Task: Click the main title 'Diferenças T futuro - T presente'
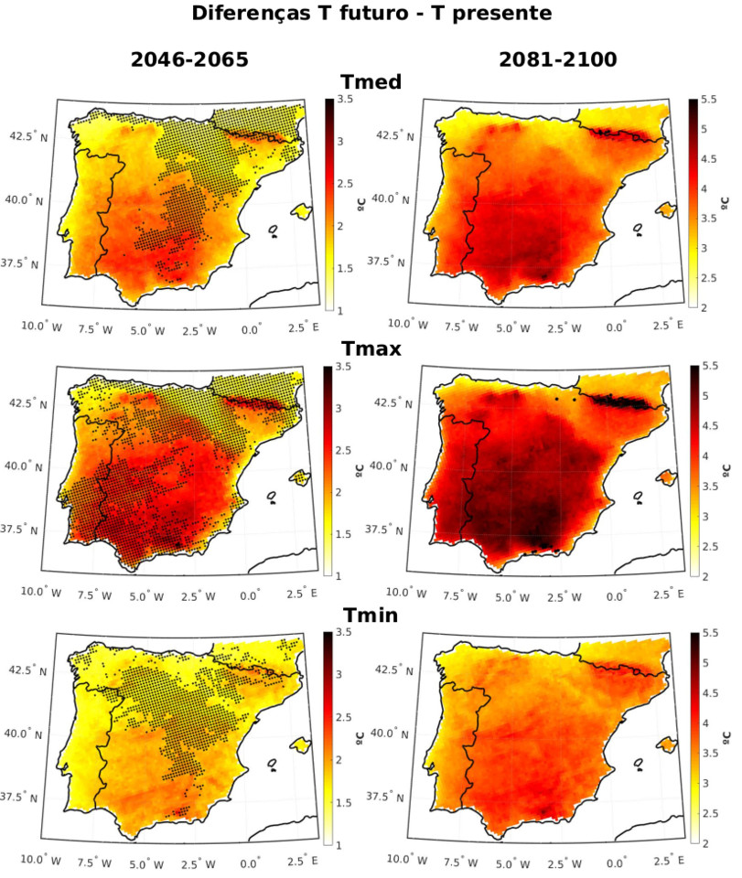point(371,14)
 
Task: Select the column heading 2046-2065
point(188,62)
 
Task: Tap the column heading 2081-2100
point(558,62)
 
